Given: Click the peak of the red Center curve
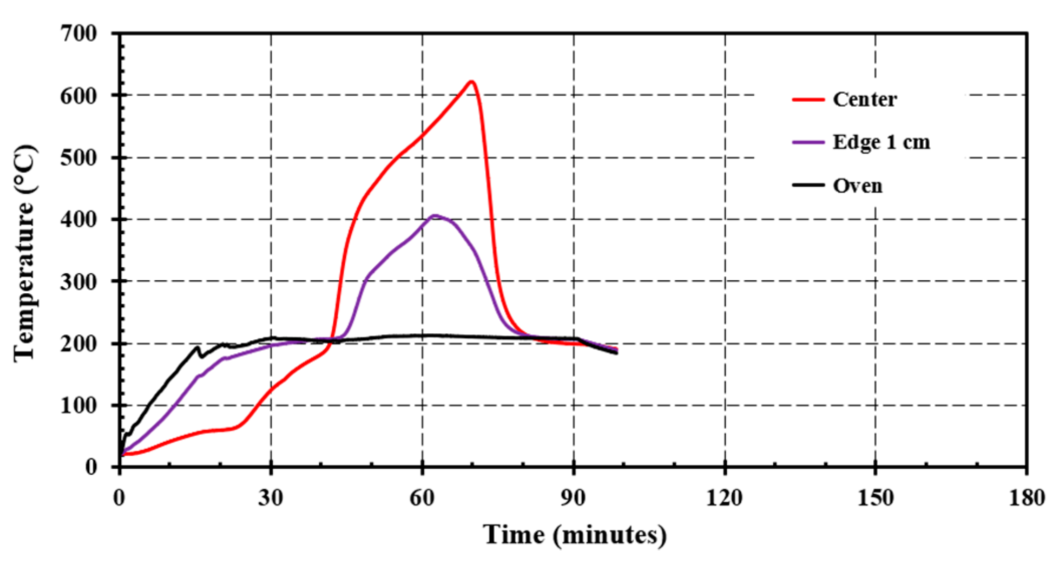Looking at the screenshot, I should [471, 82].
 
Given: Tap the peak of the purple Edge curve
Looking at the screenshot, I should [435, 216].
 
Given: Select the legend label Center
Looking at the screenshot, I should [865, 99].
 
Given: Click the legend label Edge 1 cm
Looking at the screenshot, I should [881, 142].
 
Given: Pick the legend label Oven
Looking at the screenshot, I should [858, 185].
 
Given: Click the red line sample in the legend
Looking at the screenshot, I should [808, 99].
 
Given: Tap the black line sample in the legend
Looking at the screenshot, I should [808, 185].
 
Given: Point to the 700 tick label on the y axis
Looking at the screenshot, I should [78, 34].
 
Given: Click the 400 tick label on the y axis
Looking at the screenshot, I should [78, 220].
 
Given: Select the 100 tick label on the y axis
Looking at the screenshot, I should [78, 406].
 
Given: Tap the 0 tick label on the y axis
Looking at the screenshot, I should [91, 467].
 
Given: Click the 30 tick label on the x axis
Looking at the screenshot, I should [271, 498].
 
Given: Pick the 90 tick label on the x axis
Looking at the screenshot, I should [573, 498].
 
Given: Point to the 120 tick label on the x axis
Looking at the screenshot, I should [725, 498].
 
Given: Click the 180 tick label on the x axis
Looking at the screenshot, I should [1026, 498].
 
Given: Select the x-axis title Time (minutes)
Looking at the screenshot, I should [574, 535].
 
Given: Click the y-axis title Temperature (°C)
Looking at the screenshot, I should [25, 253].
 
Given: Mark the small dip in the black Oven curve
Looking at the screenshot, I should [202, 356].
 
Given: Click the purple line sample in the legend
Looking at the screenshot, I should [808, 142].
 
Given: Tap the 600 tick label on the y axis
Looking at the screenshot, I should [78, 96].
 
